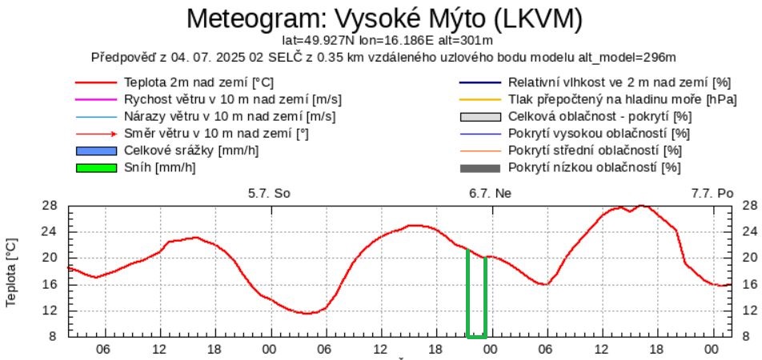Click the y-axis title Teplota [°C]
pos(11,271)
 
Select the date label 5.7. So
pos(269,193)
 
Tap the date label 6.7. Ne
pos(491,193)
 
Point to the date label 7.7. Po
pos(712,193)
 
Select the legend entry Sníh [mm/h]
pos(160,167)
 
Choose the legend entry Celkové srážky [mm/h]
pos(191,150)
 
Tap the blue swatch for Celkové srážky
pos(95,150)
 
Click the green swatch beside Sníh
pos(95,167)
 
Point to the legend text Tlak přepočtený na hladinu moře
pos(610,99)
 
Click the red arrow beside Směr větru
pos(95,134)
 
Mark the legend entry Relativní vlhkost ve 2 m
pos(620,82)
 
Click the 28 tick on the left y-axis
pos(50,206)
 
